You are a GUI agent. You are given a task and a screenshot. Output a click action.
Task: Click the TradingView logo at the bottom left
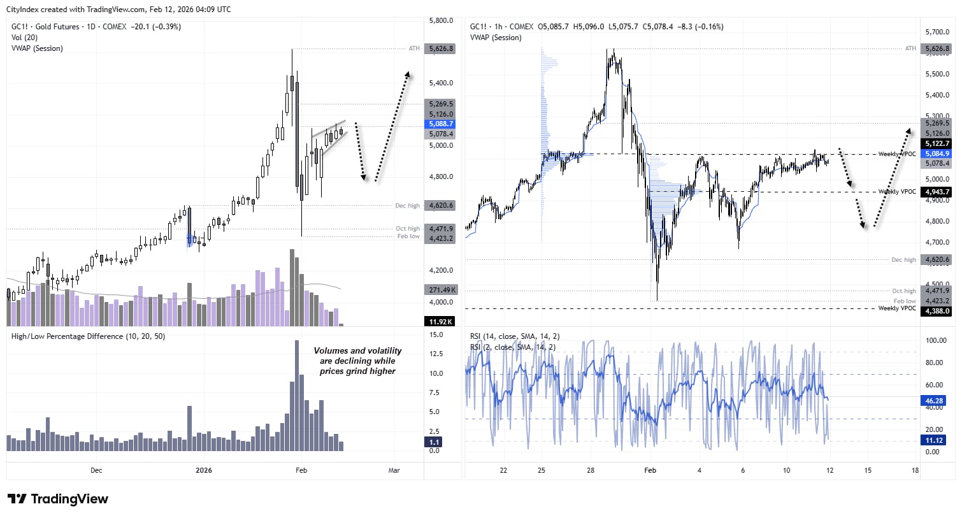(x=57, y=499)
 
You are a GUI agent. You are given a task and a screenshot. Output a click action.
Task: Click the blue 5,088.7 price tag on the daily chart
(x=441, y=124)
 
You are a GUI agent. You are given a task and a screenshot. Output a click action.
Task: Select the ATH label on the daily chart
(x=414, y=48)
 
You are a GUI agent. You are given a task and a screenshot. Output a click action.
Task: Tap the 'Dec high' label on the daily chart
(x=407, y=206)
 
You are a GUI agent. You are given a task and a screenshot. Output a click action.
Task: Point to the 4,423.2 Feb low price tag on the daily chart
(x=441, y=238)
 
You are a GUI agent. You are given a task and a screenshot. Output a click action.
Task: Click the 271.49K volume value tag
(x=441, y=290)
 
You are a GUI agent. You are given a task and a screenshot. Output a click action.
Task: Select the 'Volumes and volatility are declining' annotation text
(x=357, y=361)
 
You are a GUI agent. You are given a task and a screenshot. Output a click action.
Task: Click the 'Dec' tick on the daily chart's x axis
(x=96, y=470)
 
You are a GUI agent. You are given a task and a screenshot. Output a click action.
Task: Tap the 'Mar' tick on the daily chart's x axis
(x=394, y=470)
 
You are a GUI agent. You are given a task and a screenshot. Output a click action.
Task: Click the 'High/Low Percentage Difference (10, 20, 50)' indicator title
(x=88, y=336)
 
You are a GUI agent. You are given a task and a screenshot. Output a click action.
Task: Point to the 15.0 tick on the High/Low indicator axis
(x=436, y=335)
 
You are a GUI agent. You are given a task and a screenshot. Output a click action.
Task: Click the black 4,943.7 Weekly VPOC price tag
(x=937, y=192)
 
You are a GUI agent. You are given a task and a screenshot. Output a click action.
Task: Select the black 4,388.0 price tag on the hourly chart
(x=937, y=311)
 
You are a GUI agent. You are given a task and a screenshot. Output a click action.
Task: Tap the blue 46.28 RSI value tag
(x=934, y=401)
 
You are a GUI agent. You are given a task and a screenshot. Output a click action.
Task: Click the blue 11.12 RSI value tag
(x=934, y=440)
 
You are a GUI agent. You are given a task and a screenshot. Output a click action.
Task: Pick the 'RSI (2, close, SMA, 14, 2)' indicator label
(x=512, y=347)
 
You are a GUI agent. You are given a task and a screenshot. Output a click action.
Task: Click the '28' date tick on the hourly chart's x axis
(x=591, y=470)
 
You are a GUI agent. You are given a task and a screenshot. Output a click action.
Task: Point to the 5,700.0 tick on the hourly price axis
(x=937, y=32)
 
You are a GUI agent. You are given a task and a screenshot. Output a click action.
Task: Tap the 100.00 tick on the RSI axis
(x=936, y=340)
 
